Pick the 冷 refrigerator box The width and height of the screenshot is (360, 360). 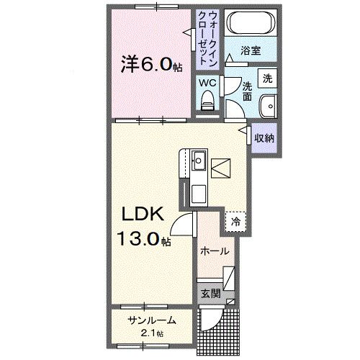235,222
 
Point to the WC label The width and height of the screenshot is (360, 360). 207,84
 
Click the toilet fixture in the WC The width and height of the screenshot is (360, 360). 209,102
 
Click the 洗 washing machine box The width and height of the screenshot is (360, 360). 266,77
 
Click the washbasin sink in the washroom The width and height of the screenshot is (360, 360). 269,104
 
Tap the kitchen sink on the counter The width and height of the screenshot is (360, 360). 198,159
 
